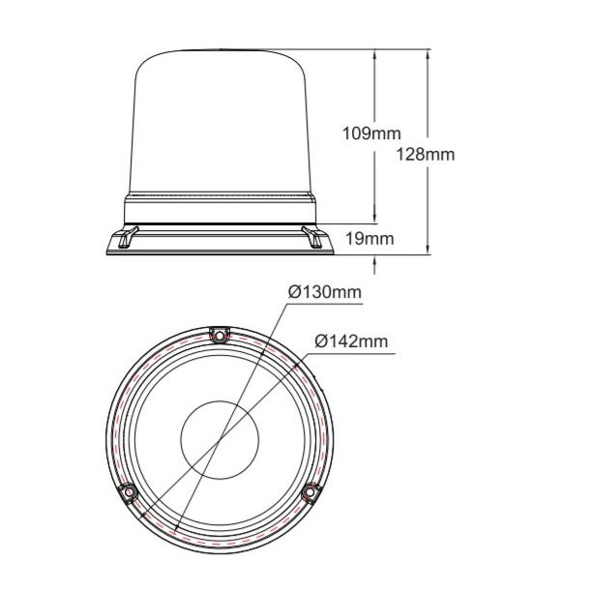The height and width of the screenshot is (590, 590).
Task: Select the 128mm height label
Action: tap(427, 154)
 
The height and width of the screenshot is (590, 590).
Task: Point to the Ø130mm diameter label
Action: tap(325, 292)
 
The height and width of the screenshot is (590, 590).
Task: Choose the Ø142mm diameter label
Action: tap(351, 340)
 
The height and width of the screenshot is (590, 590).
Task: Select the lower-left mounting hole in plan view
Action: tap(128, 494)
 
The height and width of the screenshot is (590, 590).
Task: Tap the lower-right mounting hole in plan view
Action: tap(310, 494)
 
